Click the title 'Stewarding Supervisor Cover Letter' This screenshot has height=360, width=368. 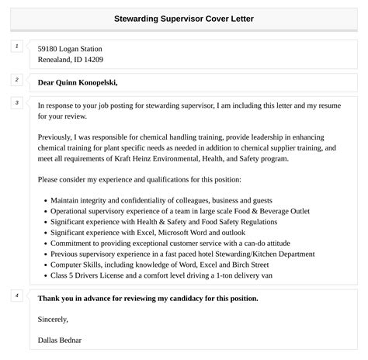click(x=184, y=18)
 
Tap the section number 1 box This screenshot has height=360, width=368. click(x=16, y=47)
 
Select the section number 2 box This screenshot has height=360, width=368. click(x=16, y=80)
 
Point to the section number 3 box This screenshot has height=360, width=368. click(x=16, y=102)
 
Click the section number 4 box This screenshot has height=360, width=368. click(x=16, y=296)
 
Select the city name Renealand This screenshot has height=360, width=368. click(x=57, y=59)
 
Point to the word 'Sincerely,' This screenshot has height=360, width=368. click(x=53, y=318)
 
